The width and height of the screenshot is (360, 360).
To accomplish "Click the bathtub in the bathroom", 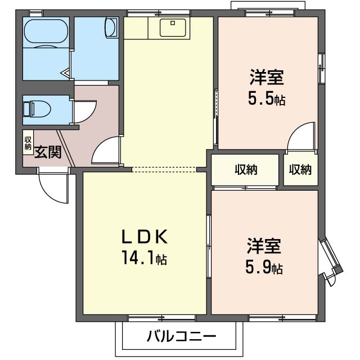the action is (x=46, y=31).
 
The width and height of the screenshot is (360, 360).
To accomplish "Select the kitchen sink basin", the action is (x=173, y=28).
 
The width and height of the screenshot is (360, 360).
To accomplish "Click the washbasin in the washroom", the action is (x=111, y=28).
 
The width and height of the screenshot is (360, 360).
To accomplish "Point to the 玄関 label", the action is (x=48, y=152).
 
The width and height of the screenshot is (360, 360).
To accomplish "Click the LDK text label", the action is (x=145, y=237).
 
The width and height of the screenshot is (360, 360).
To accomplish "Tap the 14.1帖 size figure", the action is (x=145, y=258).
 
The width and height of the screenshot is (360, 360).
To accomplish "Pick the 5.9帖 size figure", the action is (x=264, y=267).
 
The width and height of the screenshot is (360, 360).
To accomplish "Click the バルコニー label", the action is (x=181, y=336).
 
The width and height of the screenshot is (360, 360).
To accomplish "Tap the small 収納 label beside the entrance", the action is (x=28, y=143).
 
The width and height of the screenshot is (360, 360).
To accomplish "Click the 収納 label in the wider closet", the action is (x=246, y=170).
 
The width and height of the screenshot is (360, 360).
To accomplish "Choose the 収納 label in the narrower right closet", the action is (x=300, y=170).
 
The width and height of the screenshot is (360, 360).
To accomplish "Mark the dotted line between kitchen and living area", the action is (x=164, y=169).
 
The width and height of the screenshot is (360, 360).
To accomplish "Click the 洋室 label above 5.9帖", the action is (x=264, y=246).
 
